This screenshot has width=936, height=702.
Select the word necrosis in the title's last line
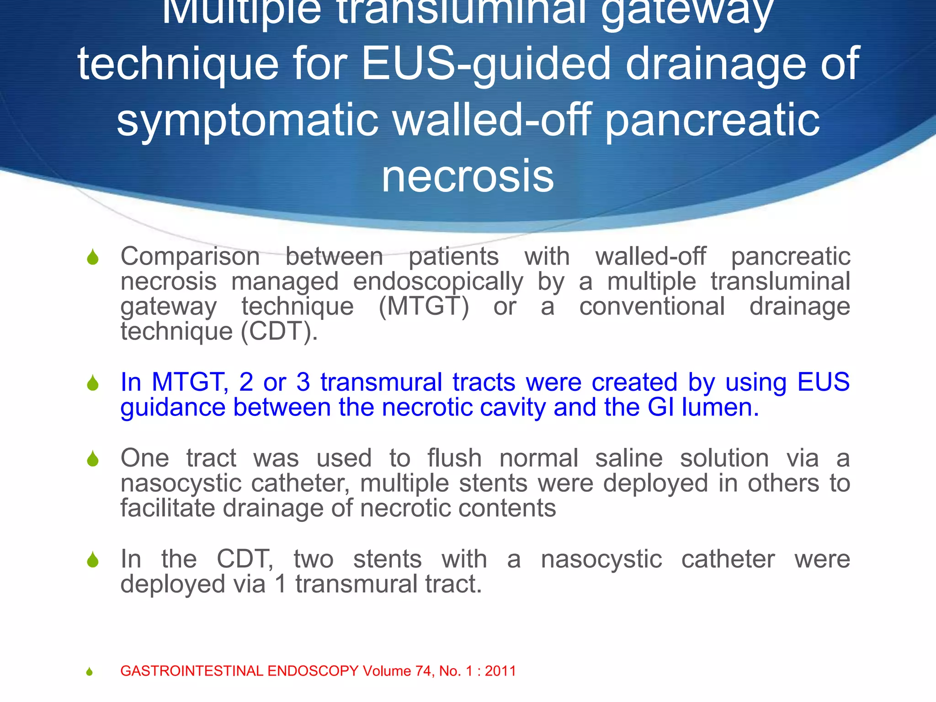468,176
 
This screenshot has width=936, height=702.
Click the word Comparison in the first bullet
190,257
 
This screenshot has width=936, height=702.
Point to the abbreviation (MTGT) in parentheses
424,307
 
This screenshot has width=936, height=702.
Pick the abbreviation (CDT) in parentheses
279,331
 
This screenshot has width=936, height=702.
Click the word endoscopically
438,282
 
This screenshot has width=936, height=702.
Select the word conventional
652,307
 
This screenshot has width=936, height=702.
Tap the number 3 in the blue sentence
303,382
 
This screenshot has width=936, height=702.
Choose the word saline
628,458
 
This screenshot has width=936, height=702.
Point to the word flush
454,458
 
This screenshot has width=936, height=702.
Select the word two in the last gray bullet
314,559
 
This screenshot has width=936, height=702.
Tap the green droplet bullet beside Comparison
93,257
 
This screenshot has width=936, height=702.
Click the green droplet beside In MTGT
93,383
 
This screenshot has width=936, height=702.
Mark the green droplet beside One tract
93,459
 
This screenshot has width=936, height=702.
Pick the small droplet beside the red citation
90,671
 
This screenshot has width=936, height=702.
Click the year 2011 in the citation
500,671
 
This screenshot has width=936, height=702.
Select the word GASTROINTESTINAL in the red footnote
192,671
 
